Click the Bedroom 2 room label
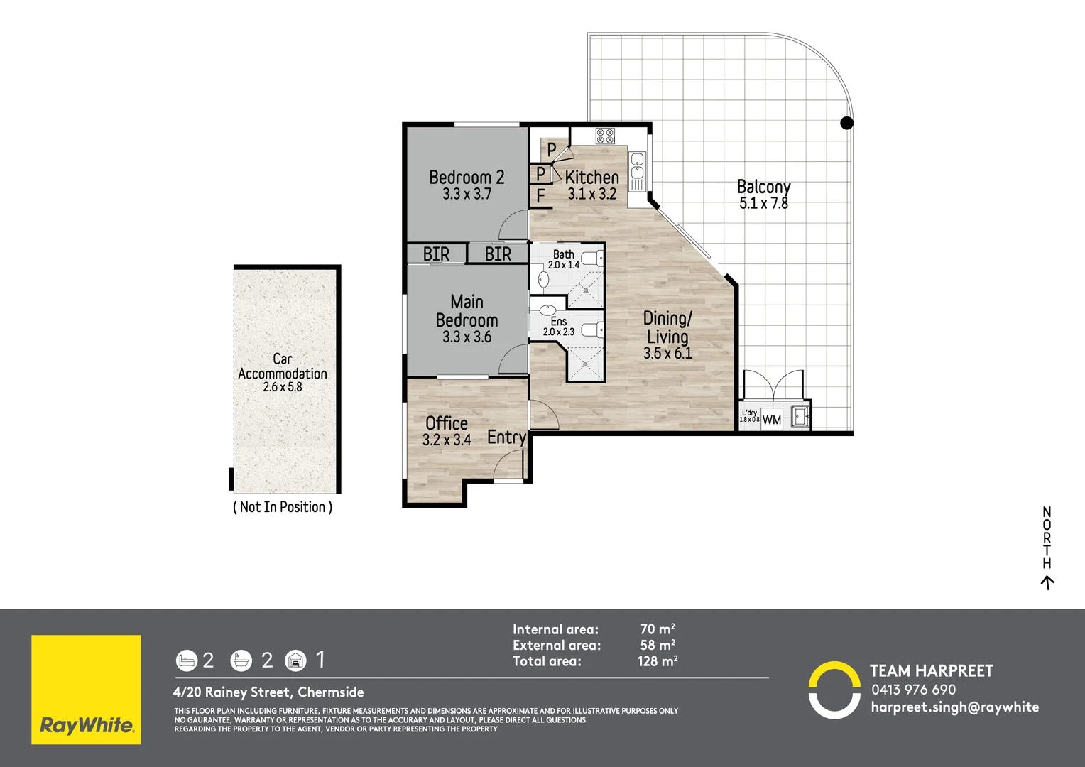point(467,178)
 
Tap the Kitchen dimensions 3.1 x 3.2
point(591,194)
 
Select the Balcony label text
point(763,187)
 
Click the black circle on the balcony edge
point(846,123)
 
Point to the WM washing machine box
point(772,420)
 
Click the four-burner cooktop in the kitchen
point(605,136)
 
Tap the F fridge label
point(541,196)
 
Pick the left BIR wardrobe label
point(436,254)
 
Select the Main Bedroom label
point(467,311)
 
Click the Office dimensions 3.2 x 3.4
point(447,440)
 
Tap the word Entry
point(506,437)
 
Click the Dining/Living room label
point(667,327)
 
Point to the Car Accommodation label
point(283,366)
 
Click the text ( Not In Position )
point(283,507)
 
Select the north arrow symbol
point(1047,583)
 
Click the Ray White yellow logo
point(86,690)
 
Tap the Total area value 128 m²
point(658,661)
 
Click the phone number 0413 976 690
point(913,690)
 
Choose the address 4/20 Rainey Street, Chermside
point(268,692)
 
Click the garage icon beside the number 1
point(295,661)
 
